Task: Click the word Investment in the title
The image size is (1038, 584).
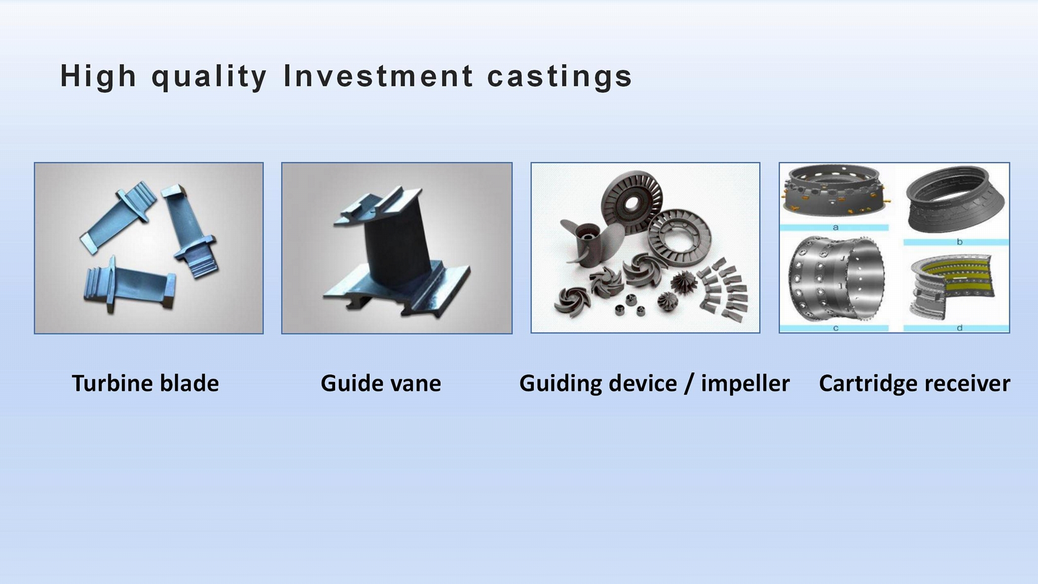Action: (x=379, y=76)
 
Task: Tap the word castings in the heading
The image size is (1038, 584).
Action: (x=560, y=77)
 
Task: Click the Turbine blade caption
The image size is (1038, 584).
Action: (x=145, y=383)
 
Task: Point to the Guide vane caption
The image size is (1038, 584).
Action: (x=381, y=383)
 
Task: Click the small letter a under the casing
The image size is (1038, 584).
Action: (x=835, y=228)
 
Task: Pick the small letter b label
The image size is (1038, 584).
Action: (x=959, y=242)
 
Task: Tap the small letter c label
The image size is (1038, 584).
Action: (x=835, y=328)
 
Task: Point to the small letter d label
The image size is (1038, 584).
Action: (x=959, y=328)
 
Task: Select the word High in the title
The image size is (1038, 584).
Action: (x=98, y=77)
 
